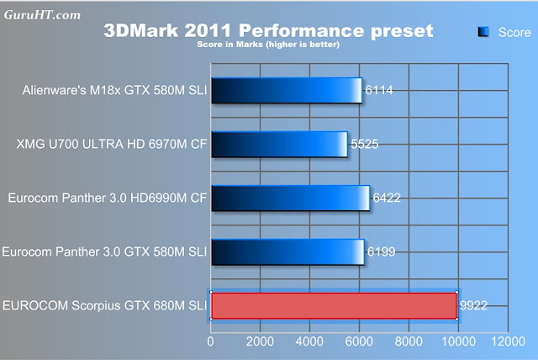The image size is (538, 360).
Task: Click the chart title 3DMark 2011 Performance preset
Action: (x=268, y=31)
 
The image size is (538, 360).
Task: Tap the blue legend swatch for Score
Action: (x=483, y=32)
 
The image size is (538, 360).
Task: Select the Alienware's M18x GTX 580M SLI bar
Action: (x=287, y=90)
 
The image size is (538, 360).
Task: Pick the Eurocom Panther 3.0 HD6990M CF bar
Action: (x=290, y=198)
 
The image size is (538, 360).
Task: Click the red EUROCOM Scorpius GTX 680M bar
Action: (x=333, y=305)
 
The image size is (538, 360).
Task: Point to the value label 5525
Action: (x=364, y=144)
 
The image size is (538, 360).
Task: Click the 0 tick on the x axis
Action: (x=211, y=342)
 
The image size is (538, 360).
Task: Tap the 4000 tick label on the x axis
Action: (x=309, y=342)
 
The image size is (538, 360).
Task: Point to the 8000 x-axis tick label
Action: (x=408, y=342)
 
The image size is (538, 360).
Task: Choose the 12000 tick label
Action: (x=505, y=342)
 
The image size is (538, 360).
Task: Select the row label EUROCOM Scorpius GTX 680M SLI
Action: (x=106, y=305)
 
